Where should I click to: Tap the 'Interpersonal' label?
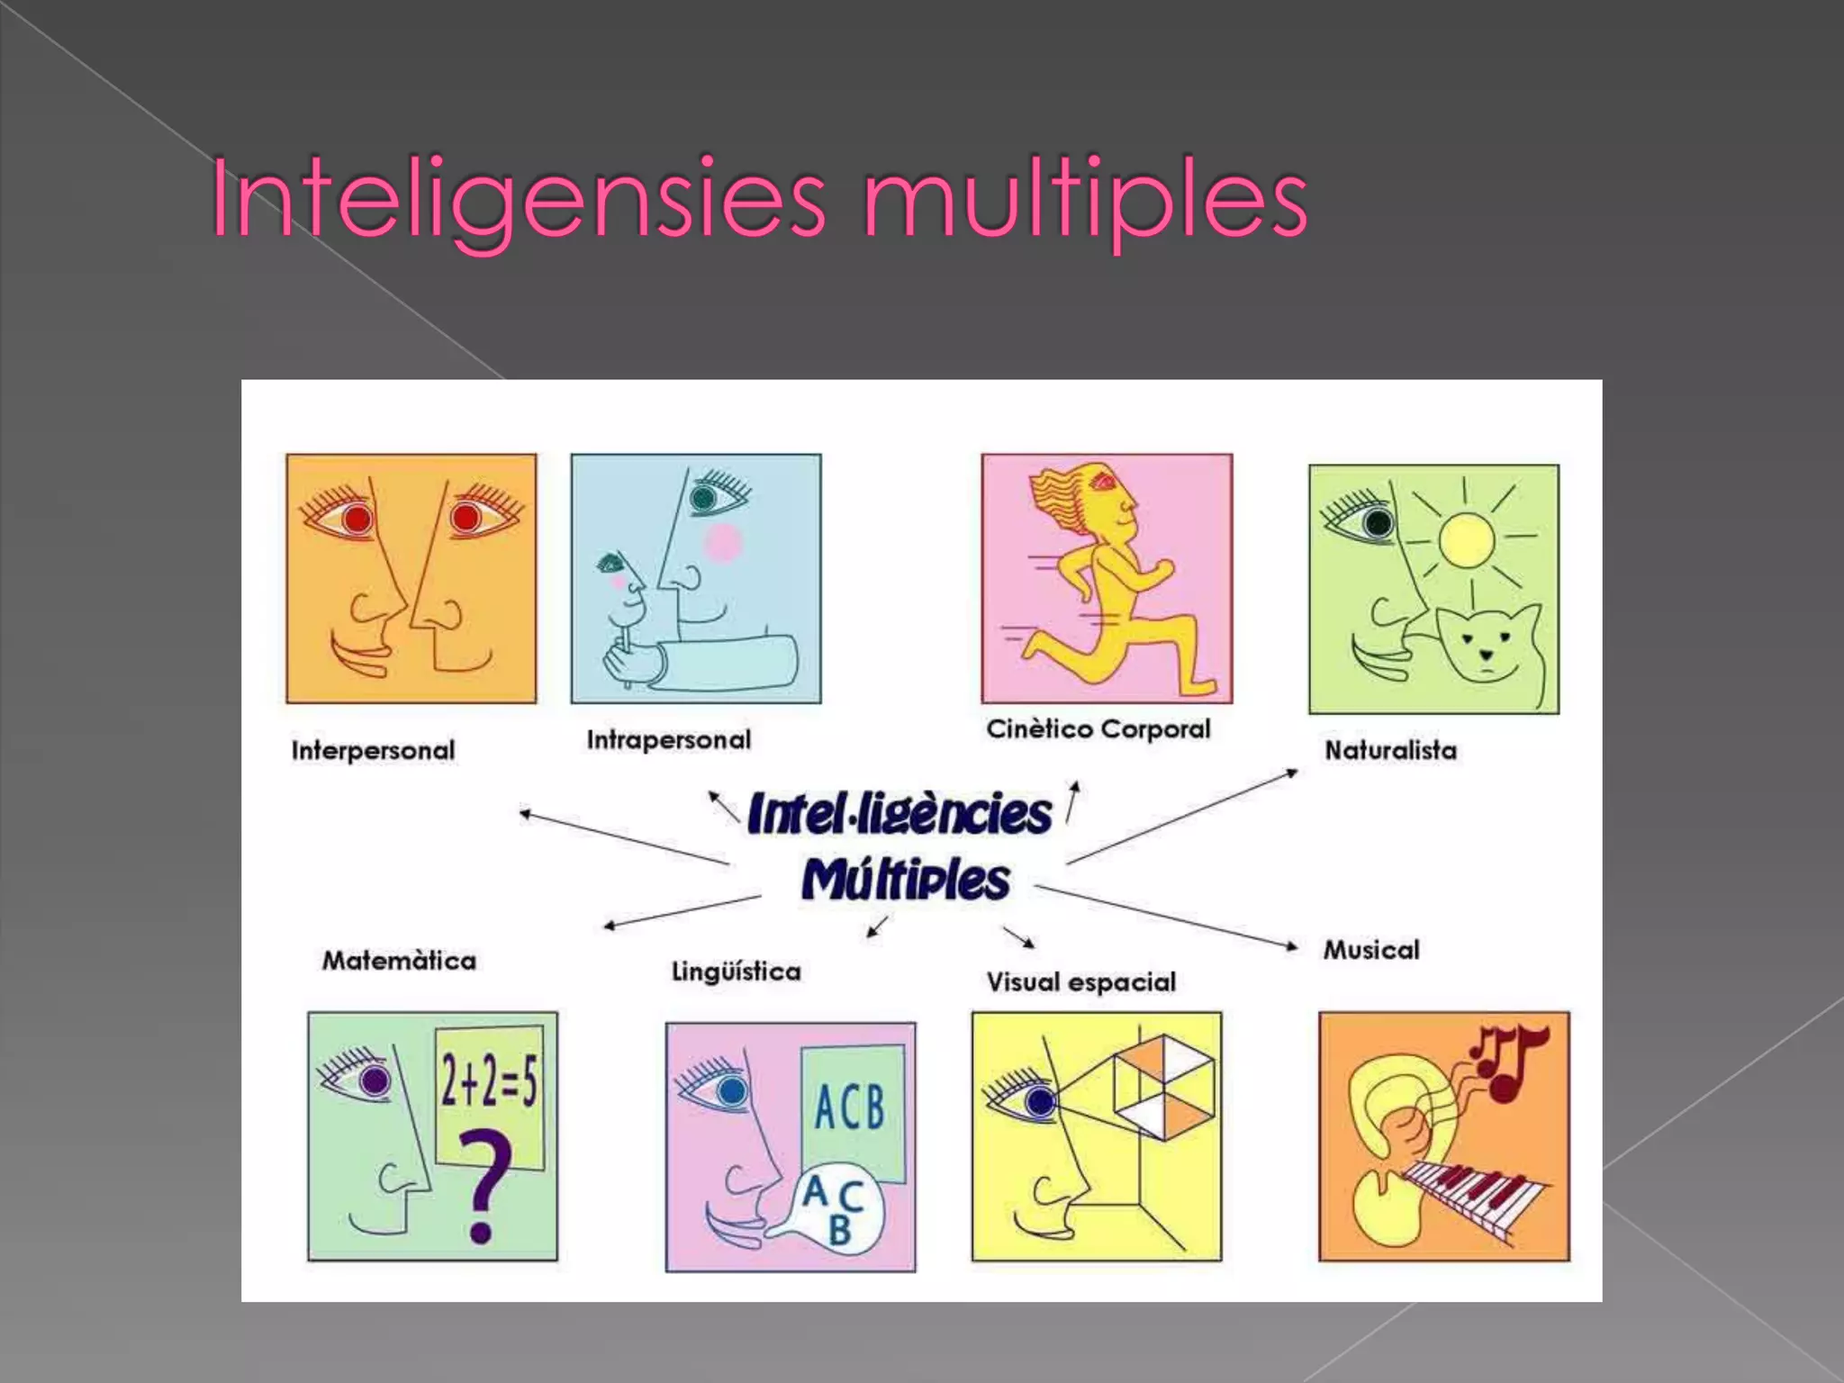click(373, 750)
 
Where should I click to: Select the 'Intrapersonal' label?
click(668, 739)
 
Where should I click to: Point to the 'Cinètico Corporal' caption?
click(1098, 728)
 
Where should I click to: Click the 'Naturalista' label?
click(1390, 750)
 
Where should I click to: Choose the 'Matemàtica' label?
click(399, 961)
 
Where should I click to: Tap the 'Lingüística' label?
click(736, 972)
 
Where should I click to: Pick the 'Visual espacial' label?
click(1080, 981)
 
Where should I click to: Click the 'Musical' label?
click(1370, 949)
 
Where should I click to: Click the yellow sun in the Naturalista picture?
click(1466, 539)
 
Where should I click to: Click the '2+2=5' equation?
click(489, 1080)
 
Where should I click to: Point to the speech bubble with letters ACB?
click(833, 1207)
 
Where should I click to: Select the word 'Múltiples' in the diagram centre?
click(905, 881)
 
